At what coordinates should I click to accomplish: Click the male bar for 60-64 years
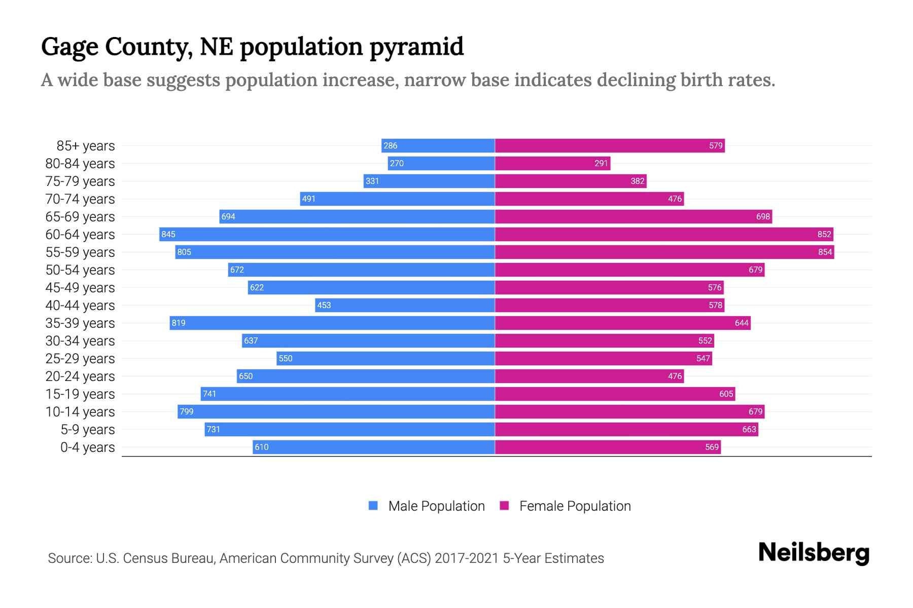(x=327, y=234)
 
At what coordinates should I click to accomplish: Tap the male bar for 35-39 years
(x=332, y=323)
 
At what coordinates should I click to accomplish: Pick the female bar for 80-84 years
(x=552, y=163)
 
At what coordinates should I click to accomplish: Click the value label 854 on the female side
(x=825, y=252)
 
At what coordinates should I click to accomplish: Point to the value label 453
(x=324, y=305)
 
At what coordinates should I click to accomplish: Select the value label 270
(x=397, y=163)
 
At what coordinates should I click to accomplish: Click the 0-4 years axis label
(x=87, y=447)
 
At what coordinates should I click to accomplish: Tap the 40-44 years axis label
(x=80, y=306)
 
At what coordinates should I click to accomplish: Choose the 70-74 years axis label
(x=80, y=199)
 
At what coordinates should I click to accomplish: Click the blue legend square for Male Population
(x=373, y=506)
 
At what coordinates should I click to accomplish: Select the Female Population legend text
(x=575, y=506)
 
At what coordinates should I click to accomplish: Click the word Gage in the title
(x=69, y=47)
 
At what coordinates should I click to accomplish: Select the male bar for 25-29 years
(x=385, y=358)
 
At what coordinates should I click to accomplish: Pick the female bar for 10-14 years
(x=629, y=411)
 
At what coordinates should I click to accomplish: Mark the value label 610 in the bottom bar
(x=262, y=447)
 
